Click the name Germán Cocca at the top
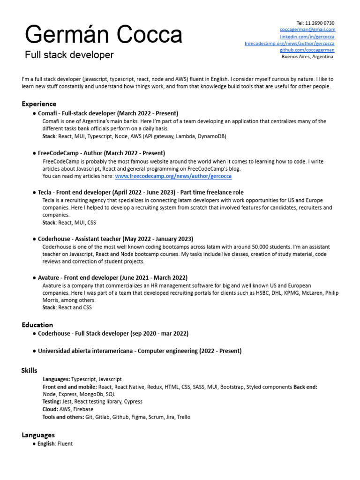[x=103, y=35]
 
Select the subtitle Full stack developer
[x=69, y=55]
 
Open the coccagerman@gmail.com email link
[x=308, y=30]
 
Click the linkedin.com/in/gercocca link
[x=307, y=37]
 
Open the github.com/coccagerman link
[x=307, y=50]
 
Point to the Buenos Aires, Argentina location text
[x=307, y=57]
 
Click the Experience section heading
[x=39, y=104]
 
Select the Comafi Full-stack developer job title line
[x=108, y=113]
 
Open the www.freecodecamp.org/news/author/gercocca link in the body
[x=173, y=176]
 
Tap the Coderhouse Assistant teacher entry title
[x=115, y=239]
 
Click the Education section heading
[x=37, y=324]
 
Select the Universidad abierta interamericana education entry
[x=140, y=351]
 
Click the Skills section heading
[x=30, y=370]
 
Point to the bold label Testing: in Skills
[x=52, y=402]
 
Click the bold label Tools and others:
[x=63, y=417]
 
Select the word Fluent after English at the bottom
[x=65, y=443]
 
